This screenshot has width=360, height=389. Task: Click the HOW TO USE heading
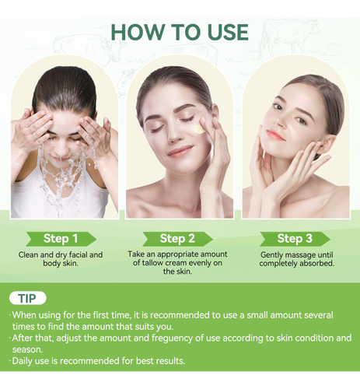(180, 32)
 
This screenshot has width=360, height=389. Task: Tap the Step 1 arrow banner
(61, 239)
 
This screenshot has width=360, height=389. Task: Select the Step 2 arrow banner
(177, 239)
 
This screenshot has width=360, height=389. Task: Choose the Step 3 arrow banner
(295, 239)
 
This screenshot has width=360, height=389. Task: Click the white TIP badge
(28, 298)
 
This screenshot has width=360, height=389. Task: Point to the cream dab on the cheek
(199, 129)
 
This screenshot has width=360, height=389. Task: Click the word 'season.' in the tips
(27, 350)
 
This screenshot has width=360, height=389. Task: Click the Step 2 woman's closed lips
(180, 151)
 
